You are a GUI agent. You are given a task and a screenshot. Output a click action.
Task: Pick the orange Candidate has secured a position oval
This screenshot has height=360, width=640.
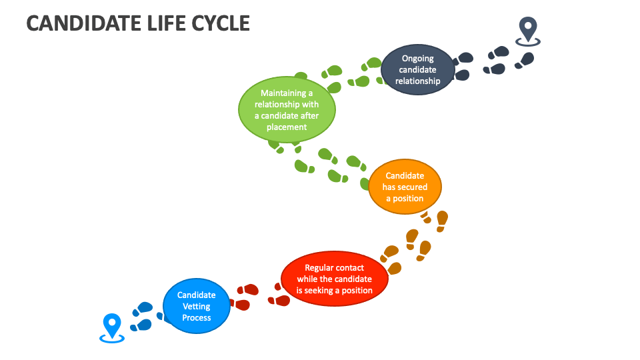pos(405,187)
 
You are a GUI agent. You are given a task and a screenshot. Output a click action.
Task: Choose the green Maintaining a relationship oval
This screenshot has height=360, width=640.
pos(287,110)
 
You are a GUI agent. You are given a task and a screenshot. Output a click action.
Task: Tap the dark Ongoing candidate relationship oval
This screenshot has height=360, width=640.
pos(418,69)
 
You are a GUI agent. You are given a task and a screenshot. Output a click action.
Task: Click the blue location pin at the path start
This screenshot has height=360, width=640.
pos(111,327)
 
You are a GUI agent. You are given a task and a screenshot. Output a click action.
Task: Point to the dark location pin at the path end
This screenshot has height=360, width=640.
pos(528,31)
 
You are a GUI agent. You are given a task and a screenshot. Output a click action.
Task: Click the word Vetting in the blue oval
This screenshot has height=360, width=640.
pos(197,306)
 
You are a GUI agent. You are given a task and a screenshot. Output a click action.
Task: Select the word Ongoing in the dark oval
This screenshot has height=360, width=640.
pos(417,58)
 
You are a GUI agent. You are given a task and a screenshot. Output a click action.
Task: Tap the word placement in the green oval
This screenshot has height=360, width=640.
pos(287,127)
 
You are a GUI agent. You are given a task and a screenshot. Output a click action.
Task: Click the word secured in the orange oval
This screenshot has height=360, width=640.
pos(411,187)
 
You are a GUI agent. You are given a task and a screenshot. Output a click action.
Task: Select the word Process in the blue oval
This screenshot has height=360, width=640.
pos(197,317)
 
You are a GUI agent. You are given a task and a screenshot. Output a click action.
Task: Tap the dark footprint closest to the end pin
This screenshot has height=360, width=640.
pos(525,59)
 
